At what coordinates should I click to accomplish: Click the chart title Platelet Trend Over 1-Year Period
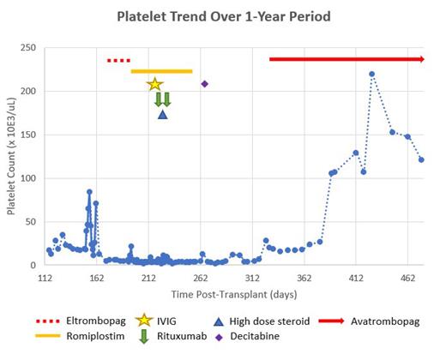pos(222,16)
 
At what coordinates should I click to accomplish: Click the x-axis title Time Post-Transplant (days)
pos(234,296)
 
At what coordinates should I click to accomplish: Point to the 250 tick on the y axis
pos(31,47)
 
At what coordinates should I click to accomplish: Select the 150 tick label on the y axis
pos(31,135)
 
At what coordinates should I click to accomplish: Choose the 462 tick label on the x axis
pos(407,279)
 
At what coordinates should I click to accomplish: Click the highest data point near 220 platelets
pos(371,74)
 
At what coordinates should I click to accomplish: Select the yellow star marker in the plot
pos(154,84)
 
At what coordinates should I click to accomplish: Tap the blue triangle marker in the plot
pos(162,114)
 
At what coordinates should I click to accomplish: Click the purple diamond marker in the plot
pos(204,83)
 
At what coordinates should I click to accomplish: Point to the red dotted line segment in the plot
pos(118,60)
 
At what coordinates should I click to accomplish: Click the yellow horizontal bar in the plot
pos(161,71)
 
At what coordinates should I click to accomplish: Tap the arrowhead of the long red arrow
pos(421,59)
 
